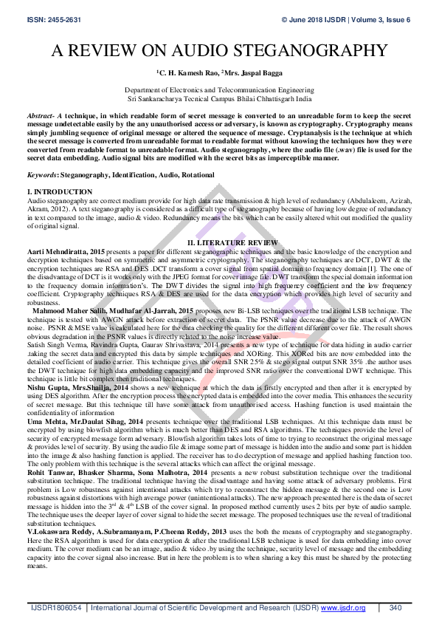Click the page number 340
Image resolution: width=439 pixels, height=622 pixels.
point(395,607)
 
